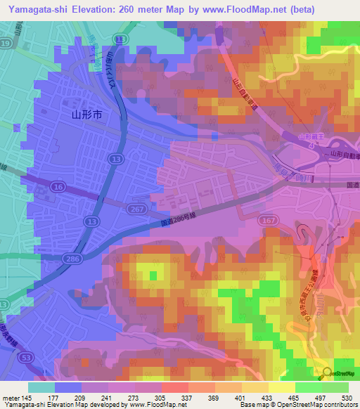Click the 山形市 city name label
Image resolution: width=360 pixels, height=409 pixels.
point(87,113)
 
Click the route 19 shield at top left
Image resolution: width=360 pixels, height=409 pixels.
point(5,43)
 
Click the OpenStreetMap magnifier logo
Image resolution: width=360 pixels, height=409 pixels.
point(327,373)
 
